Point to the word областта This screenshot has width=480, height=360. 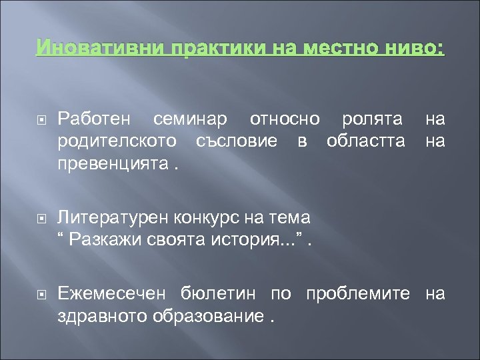366,142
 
